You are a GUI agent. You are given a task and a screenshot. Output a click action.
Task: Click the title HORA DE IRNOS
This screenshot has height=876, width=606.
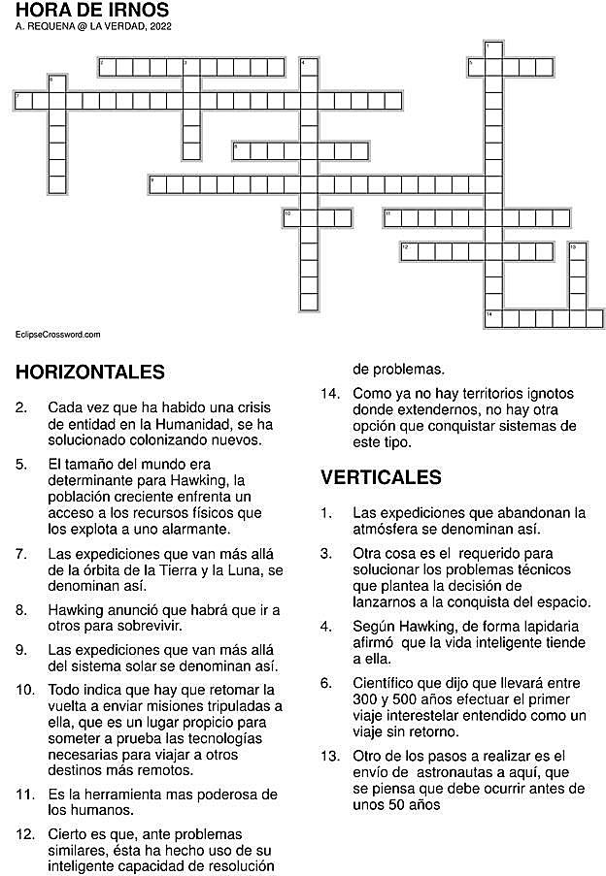coord(85,11)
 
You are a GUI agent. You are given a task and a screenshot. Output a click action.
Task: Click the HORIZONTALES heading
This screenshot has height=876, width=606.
coord(90,373)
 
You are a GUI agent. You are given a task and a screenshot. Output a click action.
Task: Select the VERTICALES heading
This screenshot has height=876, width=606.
coord(381,477)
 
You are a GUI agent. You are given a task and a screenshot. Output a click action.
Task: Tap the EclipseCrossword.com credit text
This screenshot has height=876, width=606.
coord(58,335)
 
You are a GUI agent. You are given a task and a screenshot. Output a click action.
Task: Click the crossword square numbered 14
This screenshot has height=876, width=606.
coord(492,318)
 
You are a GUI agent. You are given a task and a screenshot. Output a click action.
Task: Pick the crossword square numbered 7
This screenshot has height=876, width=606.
coord(22,100)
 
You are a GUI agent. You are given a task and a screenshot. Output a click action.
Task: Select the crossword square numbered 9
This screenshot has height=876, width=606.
coord(157,184)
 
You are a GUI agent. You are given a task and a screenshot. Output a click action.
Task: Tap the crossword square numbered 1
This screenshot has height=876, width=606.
coord(492,49)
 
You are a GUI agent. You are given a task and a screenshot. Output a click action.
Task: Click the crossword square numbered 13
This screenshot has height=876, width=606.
coord(577,251)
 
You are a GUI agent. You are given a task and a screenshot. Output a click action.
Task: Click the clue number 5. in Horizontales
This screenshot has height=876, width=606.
coord(21,464)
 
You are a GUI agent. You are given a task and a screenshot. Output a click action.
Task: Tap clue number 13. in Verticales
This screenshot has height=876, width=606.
coord(331,756)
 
